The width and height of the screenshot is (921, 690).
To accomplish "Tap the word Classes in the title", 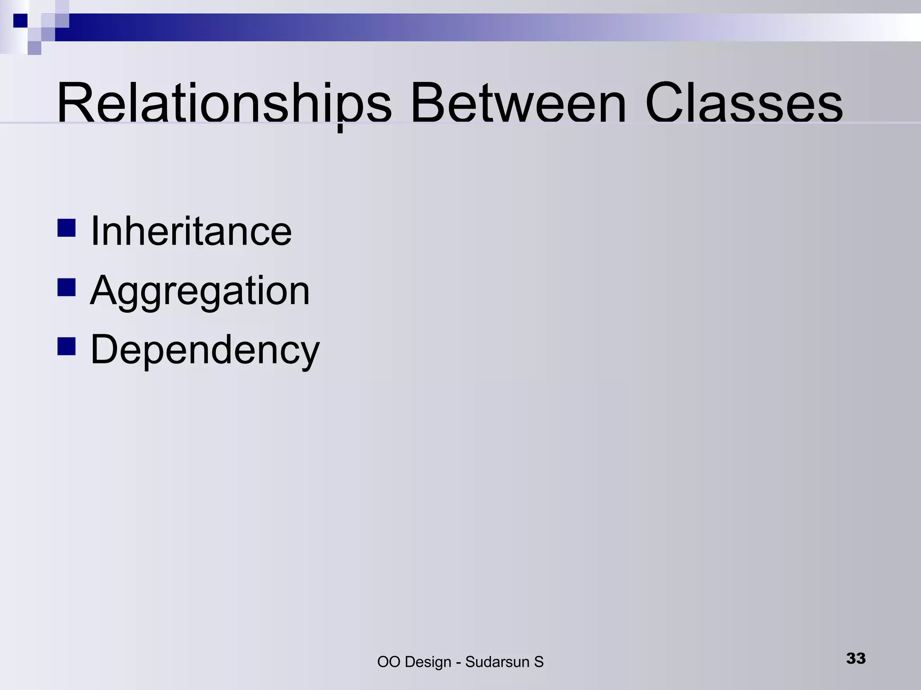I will point(744,103).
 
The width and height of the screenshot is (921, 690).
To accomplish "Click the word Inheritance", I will point(191,231).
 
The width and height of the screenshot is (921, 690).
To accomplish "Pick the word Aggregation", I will point(200,291).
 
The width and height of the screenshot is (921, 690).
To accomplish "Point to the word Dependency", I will point(205,350).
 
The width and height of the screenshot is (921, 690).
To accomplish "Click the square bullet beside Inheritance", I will point(67,228).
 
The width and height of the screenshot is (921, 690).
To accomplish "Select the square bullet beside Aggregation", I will point(67,287).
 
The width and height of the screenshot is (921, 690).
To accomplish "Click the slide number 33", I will point(856,659).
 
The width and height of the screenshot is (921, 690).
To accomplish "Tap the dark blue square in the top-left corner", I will point(20,21).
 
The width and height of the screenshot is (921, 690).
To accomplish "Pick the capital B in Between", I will point(427,103).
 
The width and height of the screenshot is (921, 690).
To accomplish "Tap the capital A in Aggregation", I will point(105,290).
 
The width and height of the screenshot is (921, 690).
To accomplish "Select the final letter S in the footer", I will point(539,662).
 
